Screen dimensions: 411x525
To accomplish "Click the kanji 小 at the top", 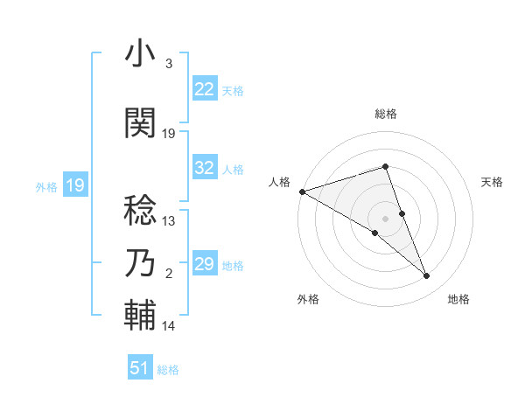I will pos(141,54).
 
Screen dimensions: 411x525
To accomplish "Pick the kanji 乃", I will pos(141,262).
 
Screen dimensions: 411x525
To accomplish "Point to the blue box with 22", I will pos(204,89).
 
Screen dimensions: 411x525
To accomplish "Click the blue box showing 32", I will pos(204,168).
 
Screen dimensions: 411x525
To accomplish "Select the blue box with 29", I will pos(204,264).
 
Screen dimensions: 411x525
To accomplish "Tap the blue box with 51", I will pos(140,368).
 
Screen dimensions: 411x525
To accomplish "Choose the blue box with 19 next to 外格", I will pos(74,185).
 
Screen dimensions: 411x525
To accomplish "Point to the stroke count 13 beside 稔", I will pos(169,221).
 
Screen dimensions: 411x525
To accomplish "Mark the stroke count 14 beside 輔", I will pos(169,326).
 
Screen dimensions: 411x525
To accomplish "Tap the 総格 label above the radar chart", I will pos(385,114).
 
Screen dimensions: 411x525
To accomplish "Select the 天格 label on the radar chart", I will pos(493,182).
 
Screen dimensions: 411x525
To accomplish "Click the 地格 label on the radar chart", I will pos(458,299).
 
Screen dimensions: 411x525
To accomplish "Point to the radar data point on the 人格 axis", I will pos(302,191).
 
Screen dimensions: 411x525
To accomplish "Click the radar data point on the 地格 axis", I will pos(427,276).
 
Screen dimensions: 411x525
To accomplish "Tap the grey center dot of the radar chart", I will pos(385,218).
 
